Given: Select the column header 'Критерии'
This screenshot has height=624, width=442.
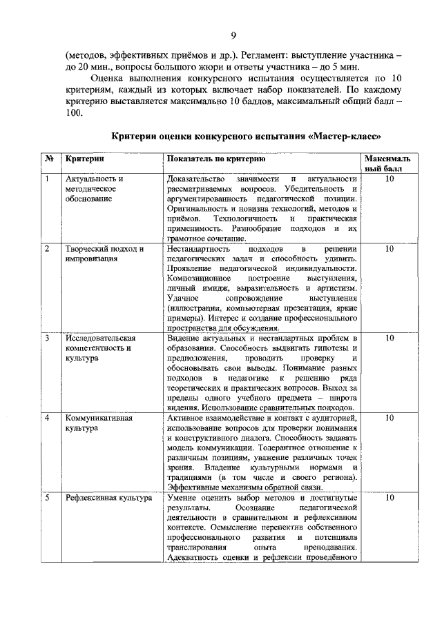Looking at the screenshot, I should click(80, 159).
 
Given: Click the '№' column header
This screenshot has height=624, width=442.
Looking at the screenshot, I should click(50, 159).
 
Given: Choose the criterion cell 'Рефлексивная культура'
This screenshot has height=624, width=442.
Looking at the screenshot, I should click(108, 497).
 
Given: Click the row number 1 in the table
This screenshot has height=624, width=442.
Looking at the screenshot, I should click(47, 179).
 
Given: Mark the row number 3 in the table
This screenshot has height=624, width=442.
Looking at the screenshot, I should click(47, 338).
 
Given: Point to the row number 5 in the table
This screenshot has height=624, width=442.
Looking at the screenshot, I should click(47, 497).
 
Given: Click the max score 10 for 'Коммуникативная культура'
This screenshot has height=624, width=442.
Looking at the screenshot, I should click(390, 418).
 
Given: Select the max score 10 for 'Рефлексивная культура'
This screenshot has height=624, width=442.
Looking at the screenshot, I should click(390, 497).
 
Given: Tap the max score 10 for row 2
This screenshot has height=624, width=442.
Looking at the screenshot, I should click(390, 249).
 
